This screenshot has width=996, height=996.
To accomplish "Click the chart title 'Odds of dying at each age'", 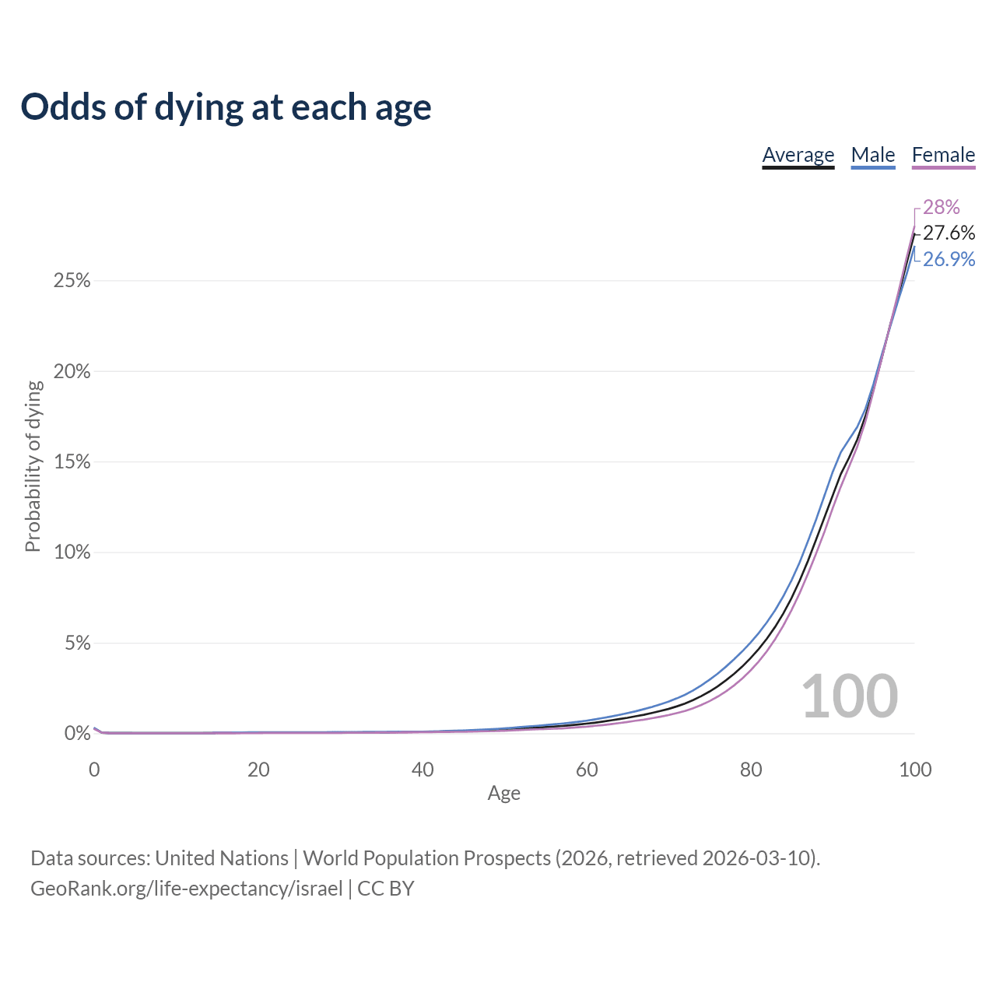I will point(226,107).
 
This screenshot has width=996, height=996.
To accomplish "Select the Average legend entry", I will point(798,155).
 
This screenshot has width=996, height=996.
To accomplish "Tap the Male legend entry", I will point(873,155).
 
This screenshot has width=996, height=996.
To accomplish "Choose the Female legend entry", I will point(943,155).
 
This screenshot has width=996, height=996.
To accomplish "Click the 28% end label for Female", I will point(942,207).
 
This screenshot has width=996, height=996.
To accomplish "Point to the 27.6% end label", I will point(949,233).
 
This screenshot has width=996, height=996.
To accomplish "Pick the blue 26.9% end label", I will point(949,259).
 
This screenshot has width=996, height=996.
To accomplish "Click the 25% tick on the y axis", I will point(72,281).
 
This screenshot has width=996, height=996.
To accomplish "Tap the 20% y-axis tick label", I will point(72,372).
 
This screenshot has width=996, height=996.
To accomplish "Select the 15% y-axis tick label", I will point(72,462).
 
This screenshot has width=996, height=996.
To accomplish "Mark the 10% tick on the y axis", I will point(72,552).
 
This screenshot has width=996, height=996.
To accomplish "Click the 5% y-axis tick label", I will point(77,644).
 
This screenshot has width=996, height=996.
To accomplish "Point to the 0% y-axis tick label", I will point(77,733).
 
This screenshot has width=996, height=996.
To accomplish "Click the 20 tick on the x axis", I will point(258,770).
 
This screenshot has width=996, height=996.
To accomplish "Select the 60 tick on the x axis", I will point(587,770).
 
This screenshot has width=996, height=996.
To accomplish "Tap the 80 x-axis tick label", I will point(751,770).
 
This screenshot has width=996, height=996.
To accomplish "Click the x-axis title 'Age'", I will point(503,793).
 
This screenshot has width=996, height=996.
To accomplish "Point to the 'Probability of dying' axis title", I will point(33,466).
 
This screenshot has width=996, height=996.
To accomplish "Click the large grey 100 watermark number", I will point(849,696).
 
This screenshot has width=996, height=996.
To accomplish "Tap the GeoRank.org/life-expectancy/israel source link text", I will point(187,889).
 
